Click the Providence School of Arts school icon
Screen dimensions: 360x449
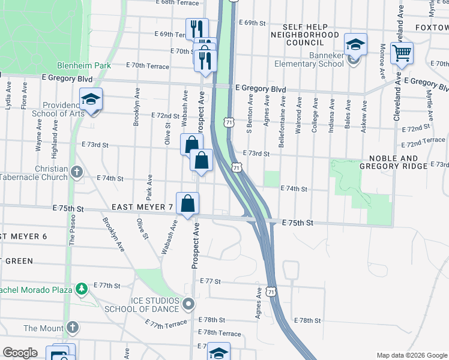tap(91, 99)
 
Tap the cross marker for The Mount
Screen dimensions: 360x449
tap(72, 328)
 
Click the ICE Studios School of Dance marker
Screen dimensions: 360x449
tap(189, 304)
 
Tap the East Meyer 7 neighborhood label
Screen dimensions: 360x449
tap(142, 207)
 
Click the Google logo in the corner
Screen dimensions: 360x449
tap(20, 353)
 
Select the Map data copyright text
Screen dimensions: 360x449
tap(412, 355)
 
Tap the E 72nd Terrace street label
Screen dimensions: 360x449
tap(423, 140)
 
